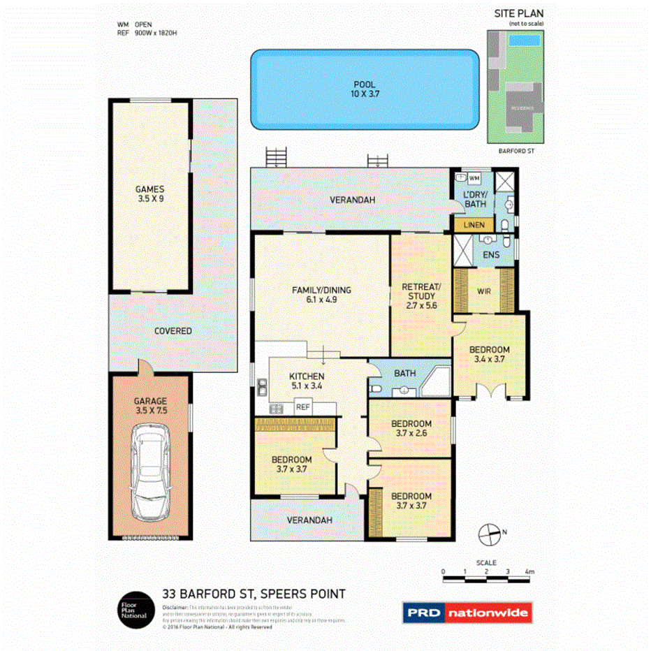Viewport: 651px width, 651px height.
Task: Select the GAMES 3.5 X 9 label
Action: tap(149, 193)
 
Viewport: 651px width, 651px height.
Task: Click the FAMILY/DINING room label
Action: tap(321, 295)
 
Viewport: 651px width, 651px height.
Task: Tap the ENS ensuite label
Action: tap(490, 255)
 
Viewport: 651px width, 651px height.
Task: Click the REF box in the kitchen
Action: tap(302, 407)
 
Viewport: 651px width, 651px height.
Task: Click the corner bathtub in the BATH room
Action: tap(434, 379)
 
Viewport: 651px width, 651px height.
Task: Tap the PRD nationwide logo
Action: tap(467, 613)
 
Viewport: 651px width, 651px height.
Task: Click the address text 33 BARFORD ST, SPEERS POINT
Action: tap(254, 594)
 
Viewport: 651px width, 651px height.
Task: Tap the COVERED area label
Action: tap(173, 330)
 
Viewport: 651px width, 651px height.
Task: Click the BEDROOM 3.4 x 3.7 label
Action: tap(488, 354)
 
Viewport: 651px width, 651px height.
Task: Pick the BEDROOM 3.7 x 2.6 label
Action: tap(411, 428)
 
